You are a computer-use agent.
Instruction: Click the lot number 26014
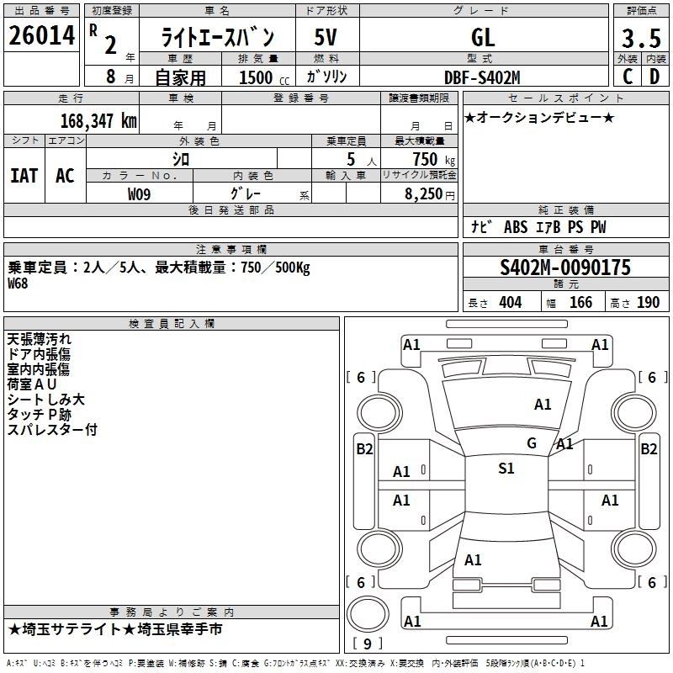point(41,37)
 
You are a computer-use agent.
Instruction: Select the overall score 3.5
point(639,39)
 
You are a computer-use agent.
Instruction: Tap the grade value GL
point(483,38)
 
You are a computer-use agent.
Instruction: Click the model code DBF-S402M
point(482,77)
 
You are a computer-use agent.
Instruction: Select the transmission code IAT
point(24,176)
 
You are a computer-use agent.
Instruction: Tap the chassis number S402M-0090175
point(564,268)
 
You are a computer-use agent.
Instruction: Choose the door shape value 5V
point(326,38)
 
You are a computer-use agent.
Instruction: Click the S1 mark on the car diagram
point(506,469)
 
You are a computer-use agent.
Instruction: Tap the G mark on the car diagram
point(531,442)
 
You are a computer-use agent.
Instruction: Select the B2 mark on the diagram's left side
point(363,449)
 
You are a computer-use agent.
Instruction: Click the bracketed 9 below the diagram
point(368,644)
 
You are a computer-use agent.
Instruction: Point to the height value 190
point(648,303)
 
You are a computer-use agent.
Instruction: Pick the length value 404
point(510,303)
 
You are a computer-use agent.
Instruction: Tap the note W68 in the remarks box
point(19,284)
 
